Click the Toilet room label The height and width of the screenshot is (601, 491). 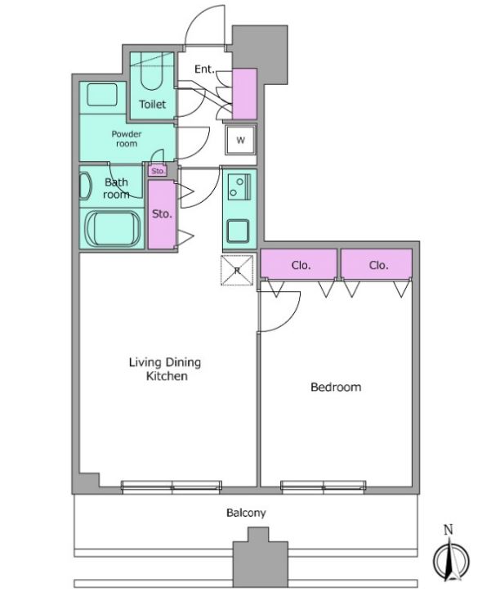pos(153,104)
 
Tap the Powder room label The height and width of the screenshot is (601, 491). pos(127,139)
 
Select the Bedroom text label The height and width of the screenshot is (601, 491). pos(336,387)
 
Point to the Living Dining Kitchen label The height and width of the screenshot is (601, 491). pos(165,369)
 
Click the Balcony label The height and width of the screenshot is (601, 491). pos(246,513)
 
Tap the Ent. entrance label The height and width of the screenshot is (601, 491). pos(204,70)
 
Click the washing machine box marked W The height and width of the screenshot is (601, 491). pos(240,140)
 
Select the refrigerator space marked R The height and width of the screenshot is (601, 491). pos(237,271)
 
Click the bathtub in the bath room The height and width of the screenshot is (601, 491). pos(113,229)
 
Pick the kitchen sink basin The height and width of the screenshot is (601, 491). pos(238,231)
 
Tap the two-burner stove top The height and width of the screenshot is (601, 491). pos(239,186)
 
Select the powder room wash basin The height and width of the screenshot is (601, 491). pos(102,95)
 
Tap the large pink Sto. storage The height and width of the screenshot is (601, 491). pos(162,214)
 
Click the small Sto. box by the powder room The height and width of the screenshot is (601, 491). pos(158,171)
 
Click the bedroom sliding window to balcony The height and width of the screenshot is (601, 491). pos(324,486)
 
